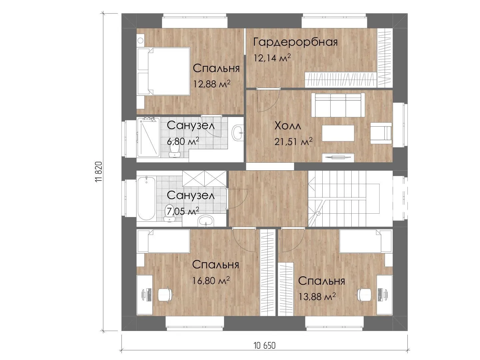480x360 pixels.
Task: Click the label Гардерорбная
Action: pos(295,42)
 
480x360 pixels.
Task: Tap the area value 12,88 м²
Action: pos(212,84)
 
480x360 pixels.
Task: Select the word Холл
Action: pos(288,126)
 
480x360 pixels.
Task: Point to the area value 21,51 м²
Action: pos(293,142)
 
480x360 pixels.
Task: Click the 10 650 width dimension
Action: pos(265,346)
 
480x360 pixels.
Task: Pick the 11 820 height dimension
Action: pos(99,172)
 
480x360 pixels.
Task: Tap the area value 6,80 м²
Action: pos(183,141)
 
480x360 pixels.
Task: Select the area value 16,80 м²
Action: pos(211,280)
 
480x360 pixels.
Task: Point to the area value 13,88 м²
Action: pos(317,297)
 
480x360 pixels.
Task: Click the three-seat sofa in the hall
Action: pos(338,105)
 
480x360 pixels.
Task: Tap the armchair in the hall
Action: pos(381,133)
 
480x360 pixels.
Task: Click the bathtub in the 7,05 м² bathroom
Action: pos(146,198)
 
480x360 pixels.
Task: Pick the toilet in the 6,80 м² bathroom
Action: pos(174,151)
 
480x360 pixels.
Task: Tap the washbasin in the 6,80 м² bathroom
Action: pos(238,132)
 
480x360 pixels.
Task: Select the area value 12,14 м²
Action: pos(272,58)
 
